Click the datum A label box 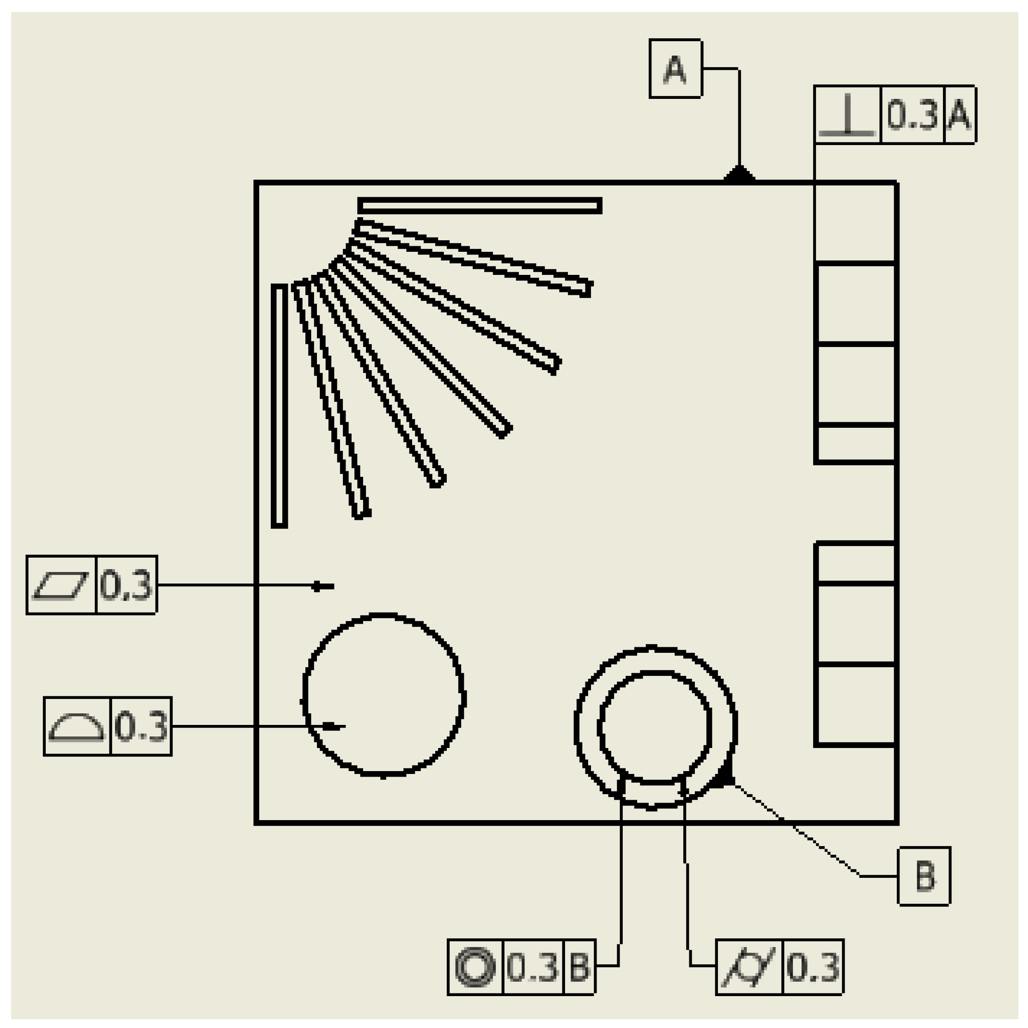point(675,69)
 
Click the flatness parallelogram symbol point(61,585)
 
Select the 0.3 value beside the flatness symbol point(126,585)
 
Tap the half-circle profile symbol point(77,726)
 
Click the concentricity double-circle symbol point(475,967)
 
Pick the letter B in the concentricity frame point(579,967)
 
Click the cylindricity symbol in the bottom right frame point(748,967)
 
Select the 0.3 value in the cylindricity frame point(813,967)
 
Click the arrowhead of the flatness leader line point(318,586)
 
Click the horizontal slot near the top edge point(480,206)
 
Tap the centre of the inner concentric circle point(655,727)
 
